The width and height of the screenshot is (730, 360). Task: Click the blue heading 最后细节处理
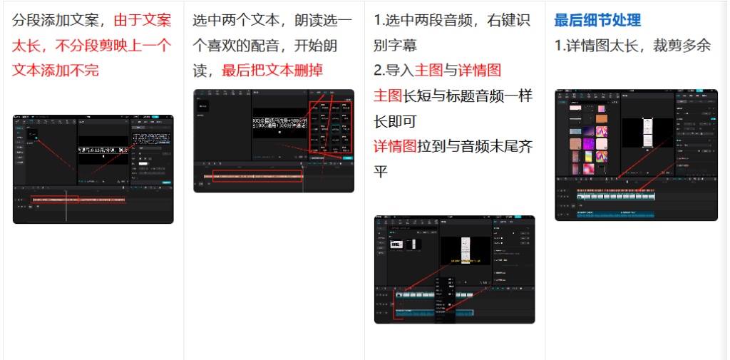coord(597,21)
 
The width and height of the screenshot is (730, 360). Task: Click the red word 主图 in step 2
coord(429,70)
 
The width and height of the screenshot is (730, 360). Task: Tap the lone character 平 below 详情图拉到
coord(382,172)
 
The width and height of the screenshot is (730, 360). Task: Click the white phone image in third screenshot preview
coord(466,250)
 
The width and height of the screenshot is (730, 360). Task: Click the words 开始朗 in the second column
coord(330,46)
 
